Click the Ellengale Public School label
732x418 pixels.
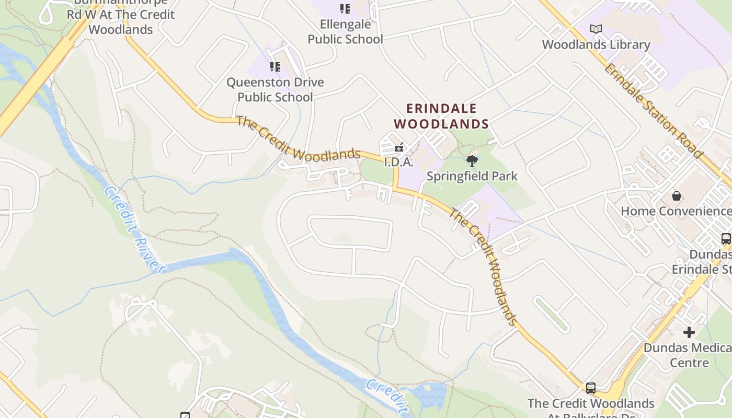345,31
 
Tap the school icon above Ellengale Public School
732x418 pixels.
345,8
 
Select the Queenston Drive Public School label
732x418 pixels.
275,89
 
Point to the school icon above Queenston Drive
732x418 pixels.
275,66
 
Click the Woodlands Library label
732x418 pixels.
596,45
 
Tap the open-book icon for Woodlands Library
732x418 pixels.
596,29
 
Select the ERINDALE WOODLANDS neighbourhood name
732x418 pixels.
441,116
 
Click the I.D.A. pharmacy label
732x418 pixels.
399,162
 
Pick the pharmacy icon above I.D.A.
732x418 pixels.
399,147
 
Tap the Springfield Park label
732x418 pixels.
472,176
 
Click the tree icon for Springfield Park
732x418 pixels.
472,160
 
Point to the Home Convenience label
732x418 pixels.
676,211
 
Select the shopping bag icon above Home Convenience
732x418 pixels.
677,196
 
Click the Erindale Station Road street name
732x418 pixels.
653,110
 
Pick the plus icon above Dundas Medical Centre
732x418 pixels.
689,332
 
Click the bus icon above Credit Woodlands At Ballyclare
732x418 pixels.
591,388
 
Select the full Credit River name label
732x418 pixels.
132,229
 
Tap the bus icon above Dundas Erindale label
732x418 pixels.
726,239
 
